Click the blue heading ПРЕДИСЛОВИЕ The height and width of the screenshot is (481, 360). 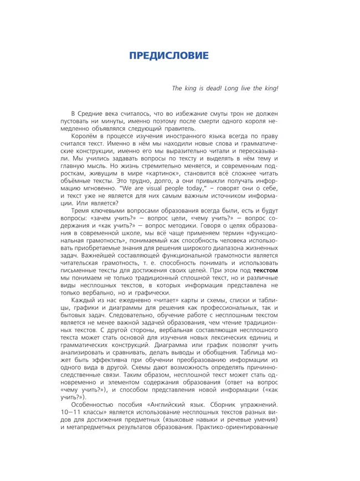168,56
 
